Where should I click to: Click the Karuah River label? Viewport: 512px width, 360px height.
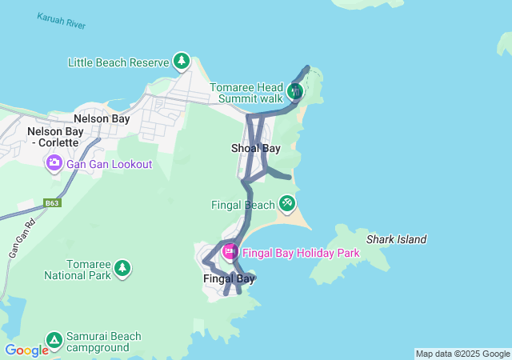click(x=61, y=21)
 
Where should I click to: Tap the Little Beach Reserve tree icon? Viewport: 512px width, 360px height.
click(x=182, y=62)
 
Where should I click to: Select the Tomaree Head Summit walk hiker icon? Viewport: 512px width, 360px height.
click(x=295, y=91)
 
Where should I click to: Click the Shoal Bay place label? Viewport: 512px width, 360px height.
click(x=256, y=149)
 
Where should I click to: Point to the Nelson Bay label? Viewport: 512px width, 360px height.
click(x=102, y=118)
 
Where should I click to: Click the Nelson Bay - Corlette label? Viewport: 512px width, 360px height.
click(x=53, y=137)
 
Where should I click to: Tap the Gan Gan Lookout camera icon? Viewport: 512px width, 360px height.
click(x=54, y=164)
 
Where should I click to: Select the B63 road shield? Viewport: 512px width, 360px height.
click(x=52, y=203)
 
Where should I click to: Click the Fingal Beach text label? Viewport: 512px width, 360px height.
click(x=243, y=205)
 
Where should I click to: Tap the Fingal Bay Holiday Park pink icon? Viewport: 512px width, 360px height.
click(x=230, y=253)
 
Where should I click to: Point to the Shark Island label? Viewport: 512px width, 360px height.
click(x=397, y=239)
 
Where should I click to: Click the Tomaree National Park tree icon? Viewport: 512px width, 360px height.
click(x=122, y=266)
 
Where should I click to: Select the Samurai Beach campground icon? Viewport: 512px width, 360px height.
click(x=54, y=340)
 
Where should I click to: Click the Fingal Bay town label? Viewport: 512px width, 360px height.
click(x=229, y=278)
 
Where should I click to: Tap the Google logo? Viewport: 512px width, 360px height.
click(x=26, y=350)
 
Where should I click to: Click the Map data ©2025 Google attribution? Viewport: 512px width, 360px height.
click(x=462, y=354)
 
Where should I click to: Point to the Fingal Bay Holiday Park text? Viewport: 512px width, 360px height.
click(x=301, y=253)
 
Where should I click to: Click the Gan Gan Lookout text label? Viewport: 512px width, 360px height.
click(x=110, y=164)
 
